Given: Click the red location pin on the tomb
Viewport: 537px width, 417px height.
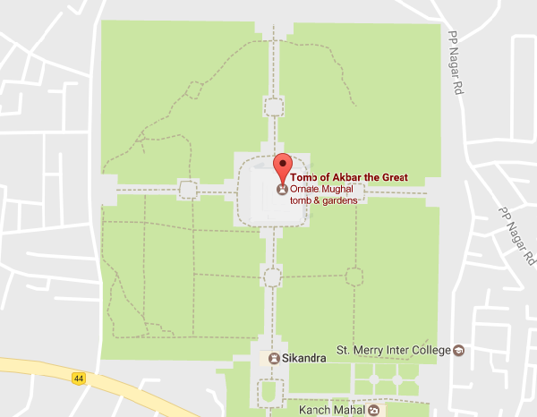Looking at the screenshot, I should click(283, 166).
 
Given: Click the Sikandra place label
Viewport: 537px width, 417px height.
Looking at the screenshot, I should click(303, 358).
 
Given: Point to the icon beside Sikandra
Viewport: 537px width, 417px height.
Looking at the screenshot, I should click(273, 358).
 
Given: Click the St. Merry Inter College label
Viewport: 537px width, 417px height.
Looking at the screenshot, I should click(392, 349).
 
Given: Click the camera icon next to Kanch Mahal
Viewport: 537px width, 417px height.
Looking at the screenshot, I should click(373, 410).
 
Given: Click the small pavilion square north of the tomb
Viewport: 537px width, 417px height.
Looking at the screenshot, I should click(273, 107).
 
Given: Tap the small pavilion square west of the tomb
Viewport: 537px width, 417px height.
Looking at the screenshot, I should click(187, 189).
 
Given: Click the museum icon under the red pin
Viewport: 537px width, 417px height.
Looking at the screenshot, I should click(283, 190).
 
